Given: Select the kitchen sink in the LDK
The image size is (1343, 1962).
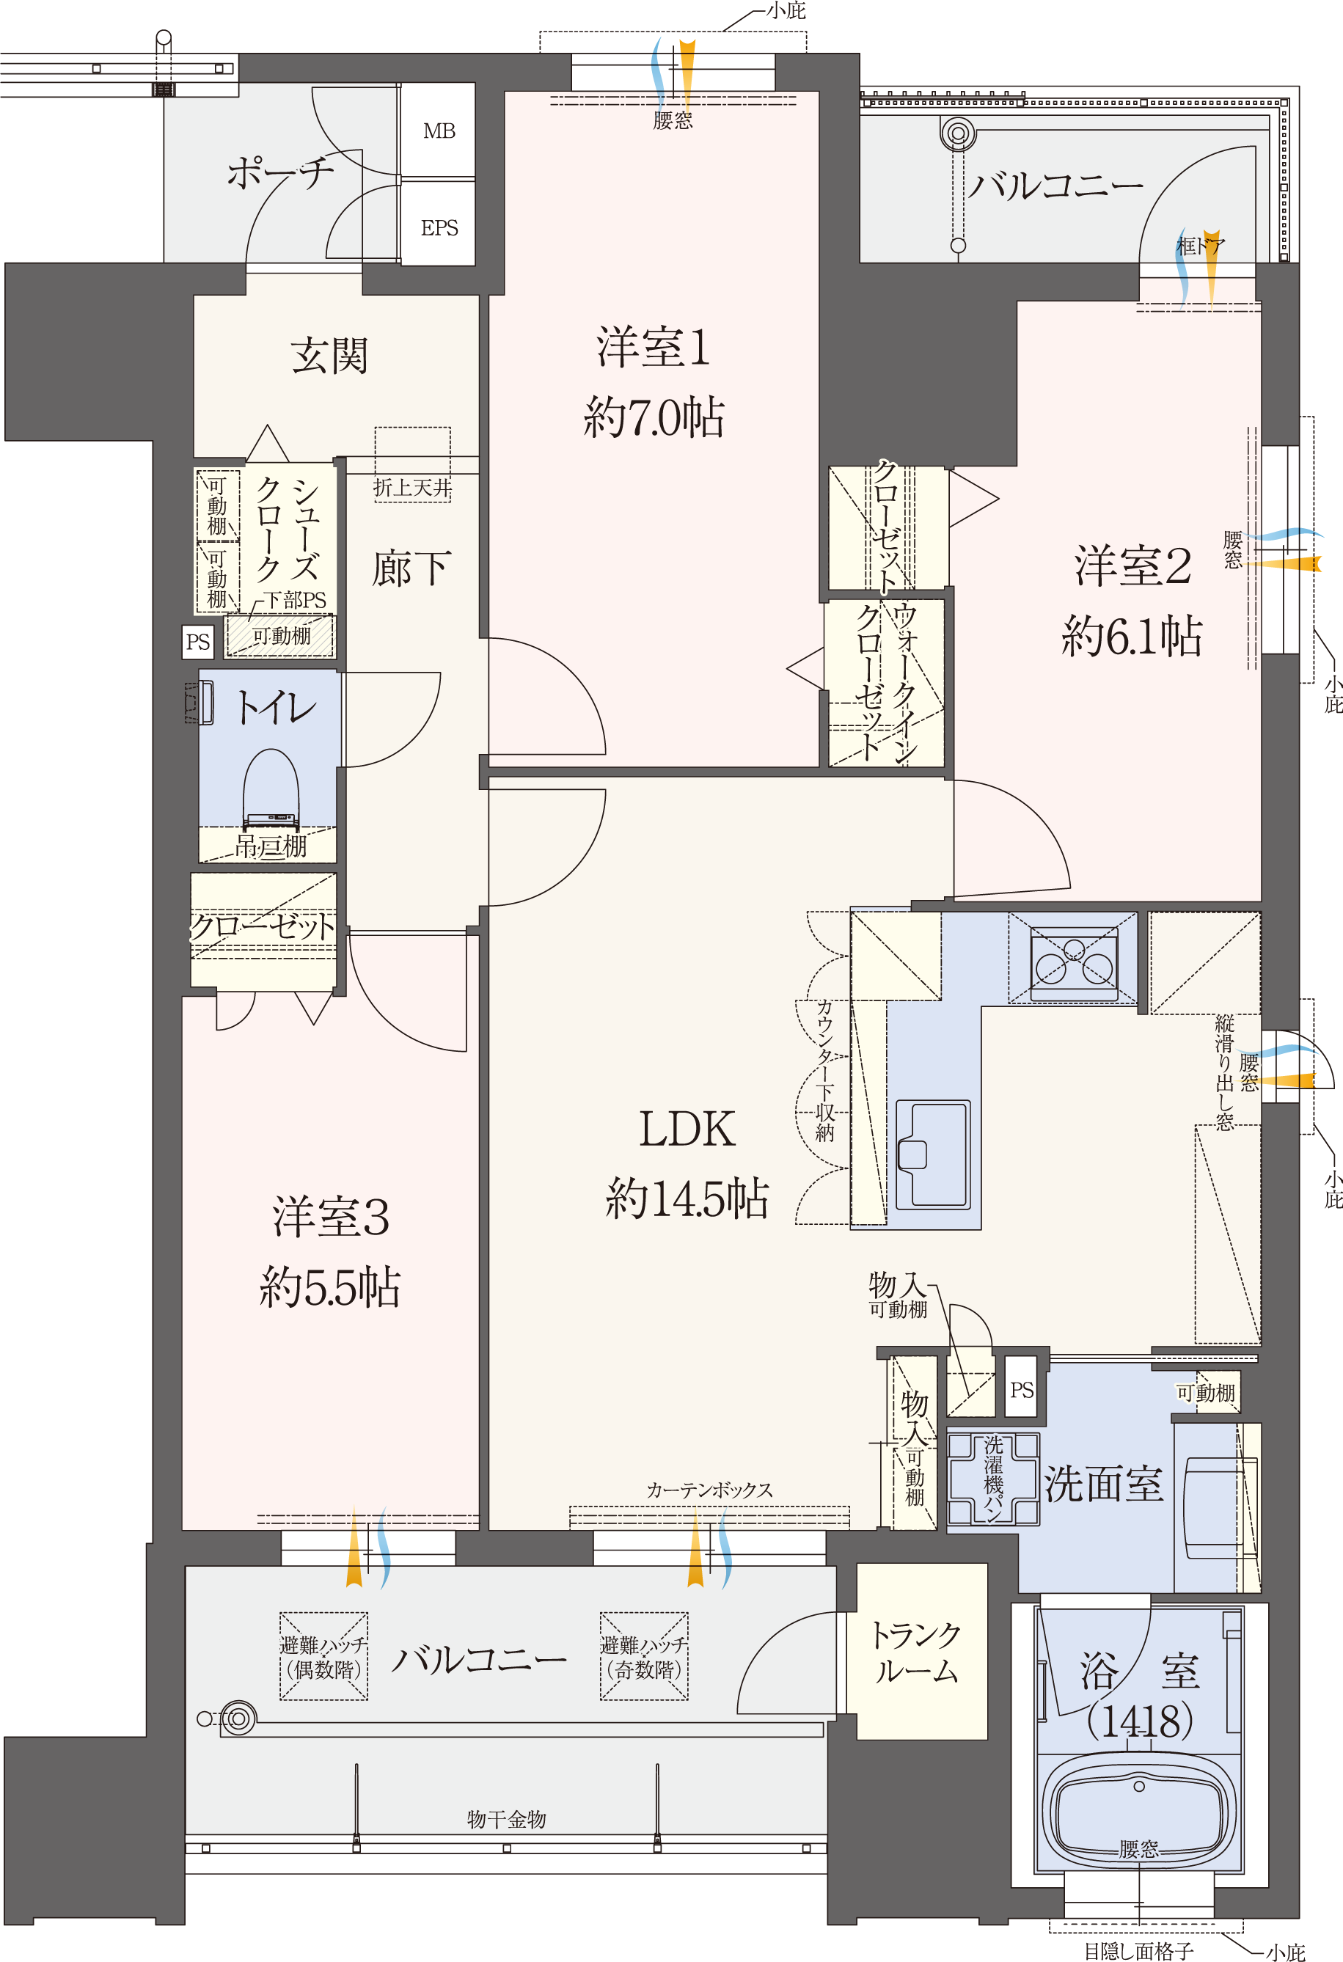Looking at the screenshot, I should [x=932, y=1153].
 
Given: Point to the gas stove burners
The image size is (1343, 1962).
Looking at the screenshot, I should [x=1073, y=962].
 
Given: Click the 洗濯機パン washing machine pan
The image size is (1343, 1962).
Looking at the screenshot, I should [x=992, y=1478].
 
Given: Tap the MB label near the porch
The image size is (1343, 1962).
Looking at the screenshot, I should [x=439, y=131].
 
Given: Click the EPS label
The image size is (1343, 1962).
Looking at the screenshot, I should [x=439, y=228].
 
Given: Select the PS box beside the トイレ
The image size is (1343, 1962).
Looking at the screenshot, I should [x=197, y=642].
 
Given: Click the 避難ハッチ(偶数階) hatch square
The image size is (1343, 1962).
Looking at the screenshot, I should [x=323, y=1656].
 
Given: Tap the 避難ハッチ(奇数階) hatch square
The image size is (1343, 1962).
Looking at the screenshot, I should [x=644, y=1656].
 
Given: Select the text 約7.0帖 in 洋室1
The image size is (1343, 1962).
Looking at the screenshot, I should [x=654, y=417].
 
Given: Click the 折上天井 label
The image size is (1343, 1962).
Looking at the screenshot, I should [x=413, y=487].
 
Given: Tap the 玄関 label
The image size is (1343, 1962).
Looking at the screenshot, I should [x=329, y=356].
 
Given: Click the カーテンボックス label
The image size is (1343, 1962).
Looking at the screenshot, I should [x=710, y=1490].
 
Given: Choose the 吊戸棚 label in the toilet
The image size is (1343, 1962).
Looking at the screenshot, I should [x=270, y=846].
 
